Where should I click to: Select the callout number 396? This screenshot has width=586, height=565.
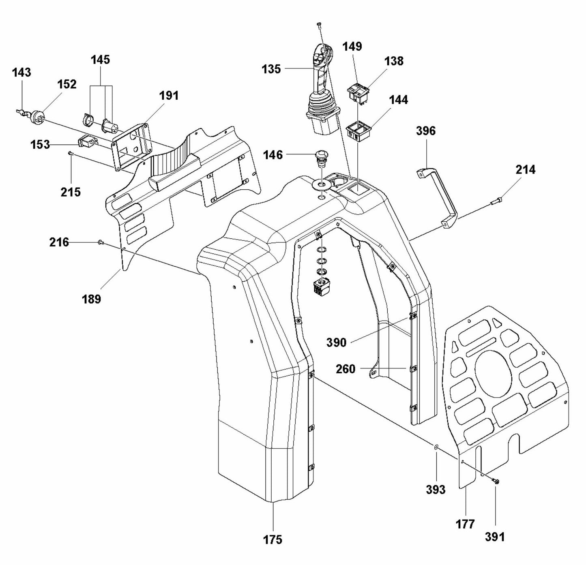click(x=426, y=131)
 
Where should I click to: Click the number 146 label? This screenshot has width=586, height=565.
click(x=273, y=155)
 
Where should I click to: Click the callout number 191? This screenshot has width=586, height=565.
click(x=169, y=96)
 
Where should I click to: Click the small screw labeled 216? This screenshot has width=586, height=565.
click(x=100, y=242)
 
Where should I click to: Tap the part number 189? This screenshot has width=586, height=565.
click(x=92, y=299)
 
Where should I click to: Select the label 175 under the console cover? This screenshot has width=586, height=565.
click(x=273, y=539)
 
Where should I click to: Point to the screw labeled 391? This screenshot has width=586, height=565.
click(x=496, y=481)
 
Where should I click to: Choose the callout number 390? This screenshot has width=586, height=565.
click(x=337, y=342)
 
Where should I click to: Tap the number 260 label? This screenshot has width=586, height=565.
click(x=346, y=369)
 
